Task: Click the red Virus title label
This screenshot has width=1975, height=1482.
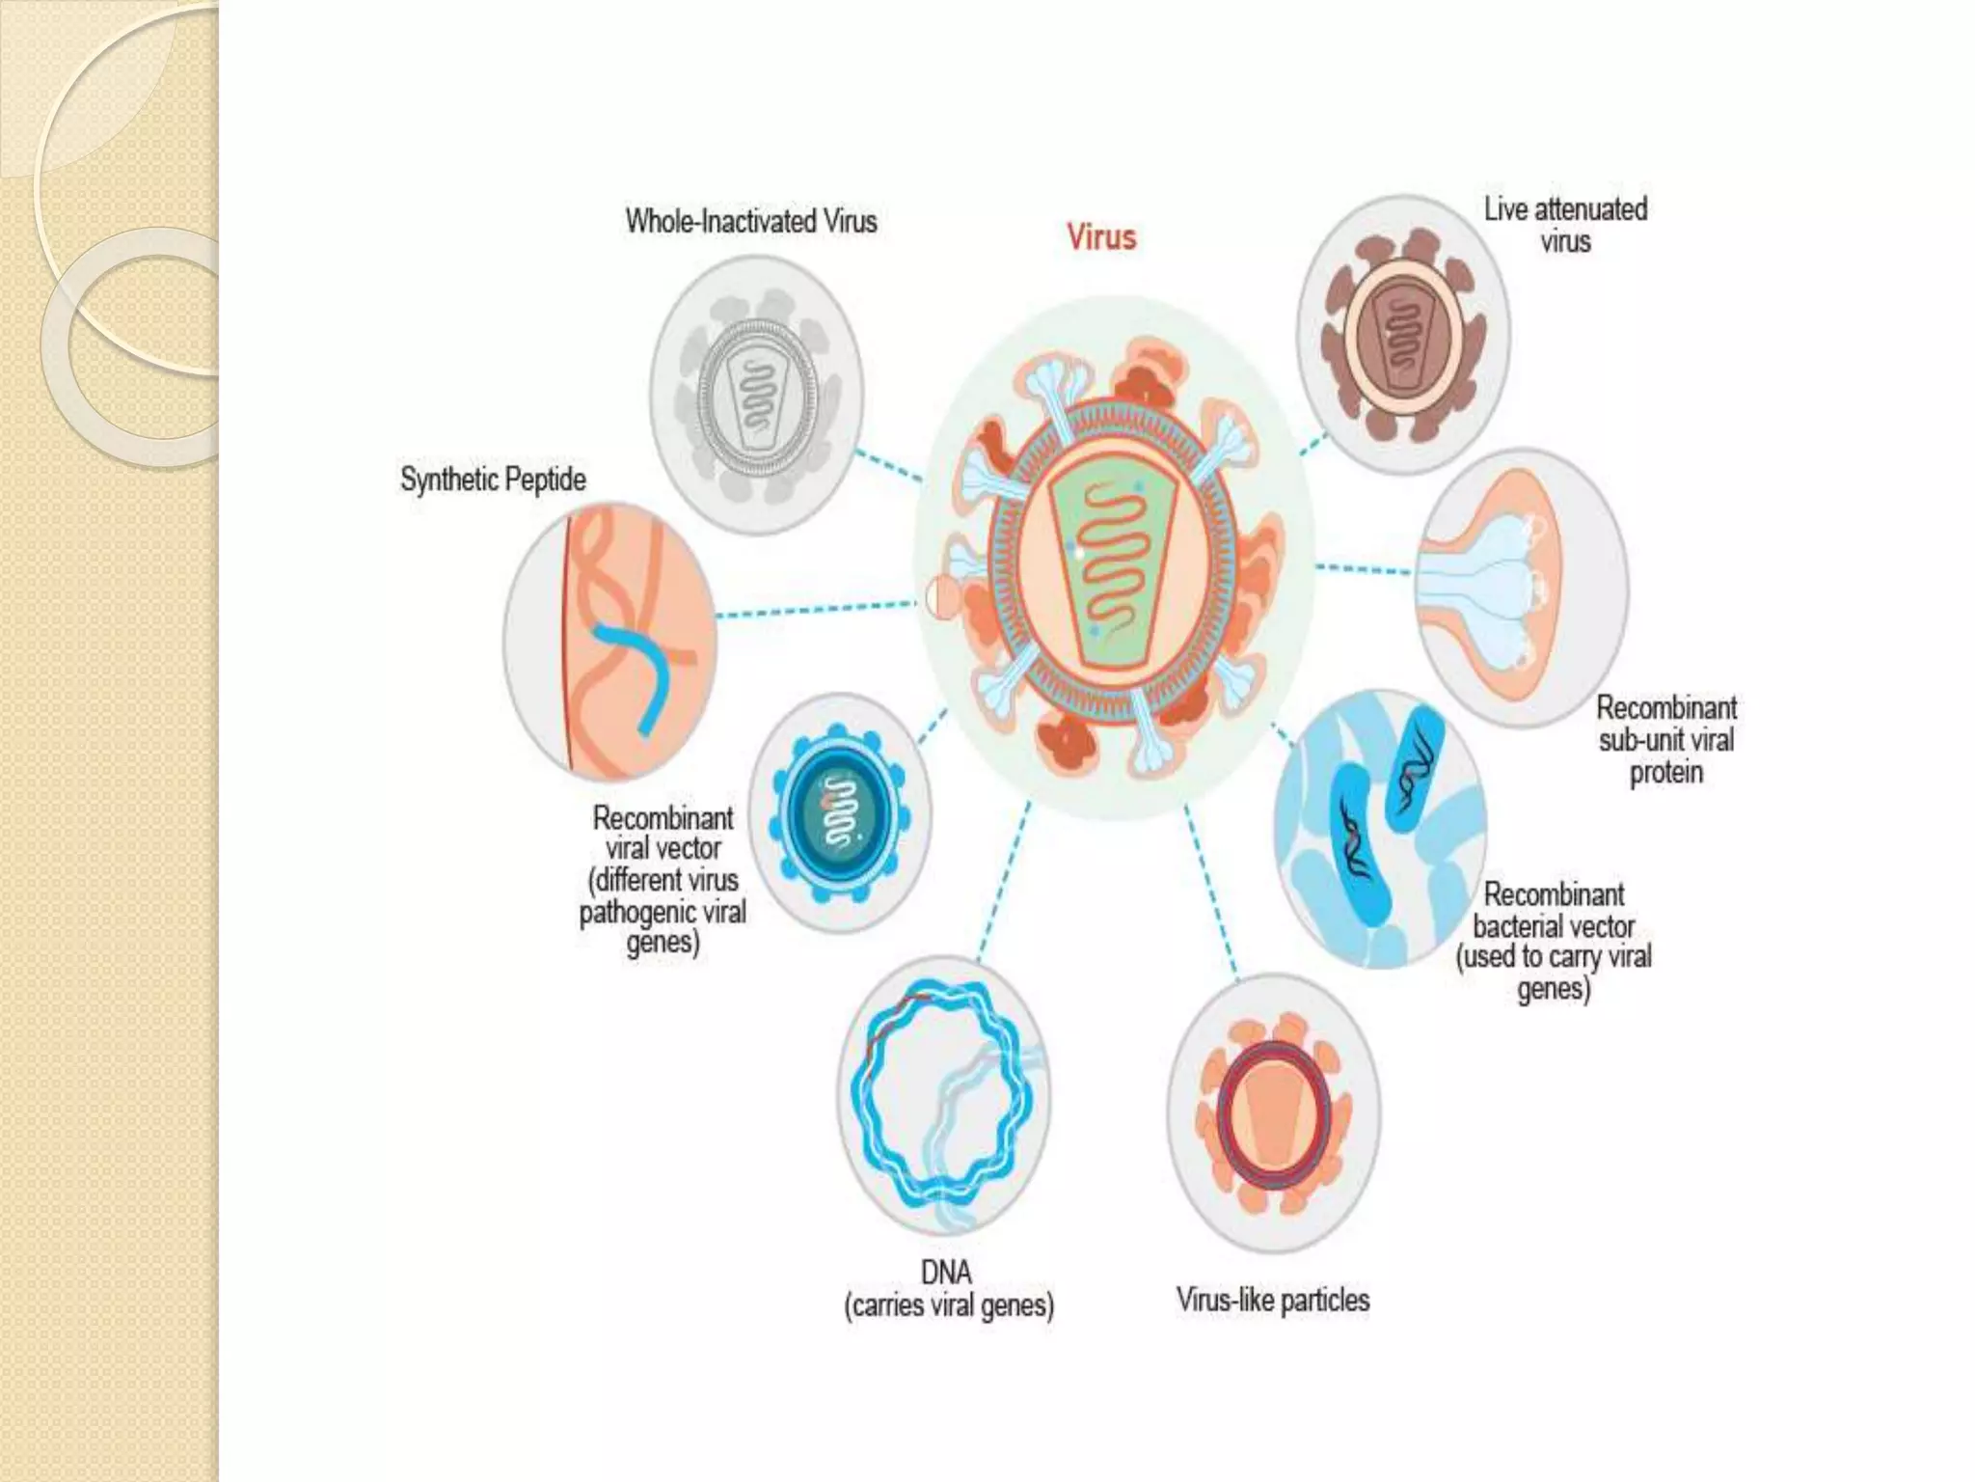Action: click(1101, 237)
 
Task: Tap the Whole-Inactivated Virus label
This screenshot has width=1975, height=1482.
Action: click(751, 221)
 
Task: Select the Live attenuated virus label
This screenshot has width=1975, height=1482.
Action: click(1565, 225)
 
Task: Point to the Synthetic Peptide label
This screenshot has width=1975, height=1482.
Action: click(493, 480)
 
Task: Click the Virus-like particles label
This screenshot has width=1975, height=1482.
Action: click(1273, 1300)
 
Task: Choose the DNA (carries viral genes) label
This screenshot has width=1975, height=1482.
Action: click(949, 1289)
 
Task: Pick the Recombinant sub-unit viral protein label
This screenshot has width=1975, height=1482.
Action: click(1666, 740)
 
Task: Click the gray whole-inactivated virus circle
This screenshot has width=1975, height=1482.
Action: click(757, 395)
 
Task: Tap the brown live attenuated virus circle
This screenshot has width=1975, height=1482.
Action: click(1403, 333)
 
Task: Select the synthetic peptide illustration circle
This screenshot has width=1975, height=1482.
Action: click(609, 642)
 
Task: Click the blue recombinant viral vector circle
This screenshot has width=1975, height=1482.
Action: click(840, 812)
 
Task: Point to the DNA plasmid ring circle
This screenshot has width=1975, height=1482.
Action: click(943, 1095)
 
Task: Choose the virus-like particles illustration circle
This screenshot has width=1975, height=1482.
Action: click(1273, 1111)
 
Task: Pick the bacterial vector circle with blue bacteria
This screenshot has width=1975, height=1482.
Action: click(1381, 828)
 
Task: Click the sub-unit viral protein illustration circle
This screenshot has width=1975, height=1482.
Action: click(1522, 589)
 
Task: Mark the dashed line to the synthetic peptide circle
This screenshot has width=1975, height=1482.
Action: click(815, 610)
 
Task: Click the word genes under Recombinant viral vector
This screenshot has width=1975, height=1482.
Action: click(663, 942)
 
